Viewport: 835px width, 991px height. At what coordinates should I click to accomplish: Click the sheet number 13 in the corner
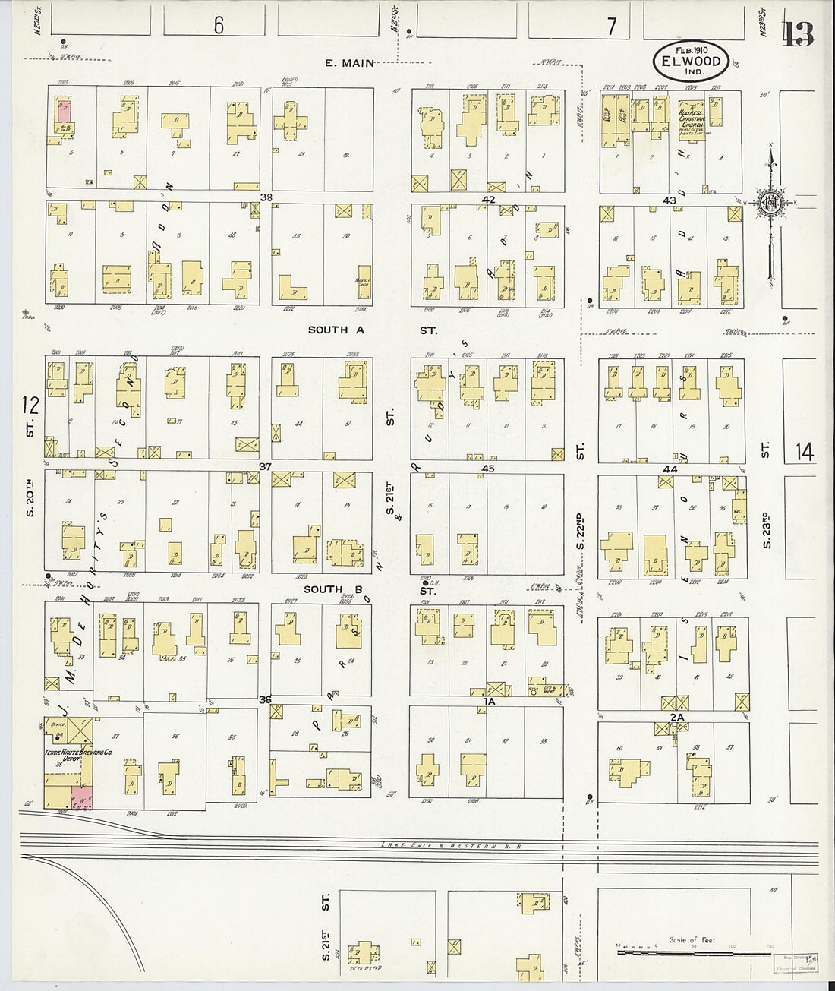coord(798,34)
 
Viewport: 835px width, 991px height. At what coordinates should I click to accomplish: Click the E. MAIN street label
coord(350,63)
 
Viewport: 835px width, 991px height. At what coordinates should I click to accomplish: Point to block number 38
coord(266,197)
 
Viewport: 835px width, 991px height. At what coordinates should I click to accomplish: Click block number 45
coord(488,469)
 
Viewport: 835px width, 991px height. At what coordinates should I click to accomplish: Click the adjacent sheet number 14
coord(805,453)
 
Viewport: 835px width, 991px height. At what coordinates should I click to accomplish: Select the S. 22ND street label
coord(580,532)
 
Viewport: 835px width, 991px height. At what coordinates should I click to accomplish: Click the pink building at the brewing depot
coord(82,797)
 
